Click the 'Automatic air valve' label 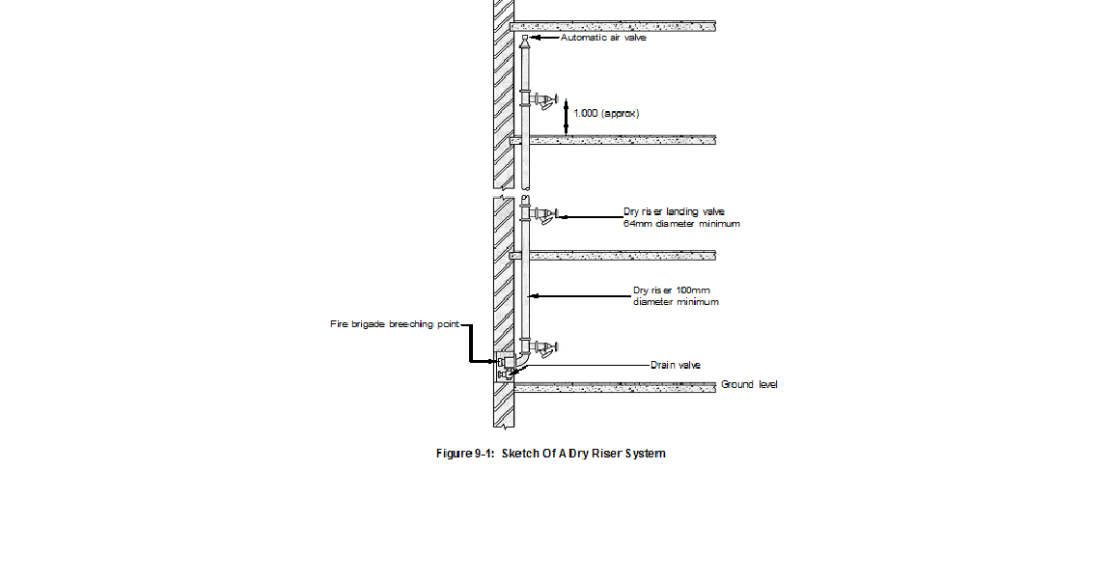603,38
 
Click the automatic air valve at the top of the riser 525,40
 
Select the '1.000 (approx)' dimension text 606,113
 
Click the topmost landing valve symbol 544,99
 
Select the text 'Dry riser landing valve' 674,211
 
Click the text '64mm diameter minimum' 681,224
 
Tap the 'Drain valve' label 676,366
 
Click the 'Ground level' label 749,385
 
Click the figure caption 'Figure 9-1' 465,454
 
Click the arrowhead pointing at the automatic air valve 536,38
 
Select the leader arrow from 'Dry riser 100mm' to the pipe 579,295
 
